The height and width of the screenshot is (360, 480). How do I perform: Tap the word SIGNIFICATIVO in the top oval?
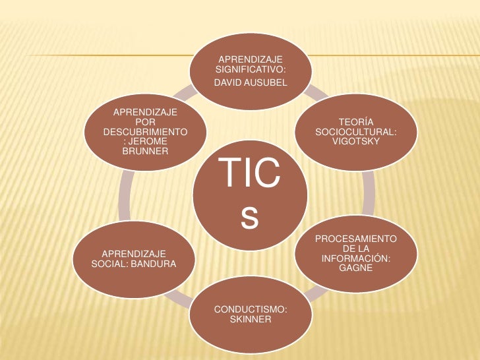pyautogui.click(x=251, y=70)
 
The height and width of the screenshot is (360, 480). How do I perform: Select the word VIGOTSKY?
pyautogui.click(x=356, y=142)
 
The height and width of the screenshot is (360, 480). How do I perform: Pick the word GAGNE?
pyautogui.click(x=356, y=268)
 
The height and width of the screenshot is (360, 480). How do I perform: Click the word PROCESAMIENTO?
pyautogui.click(x=356, y=237)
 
